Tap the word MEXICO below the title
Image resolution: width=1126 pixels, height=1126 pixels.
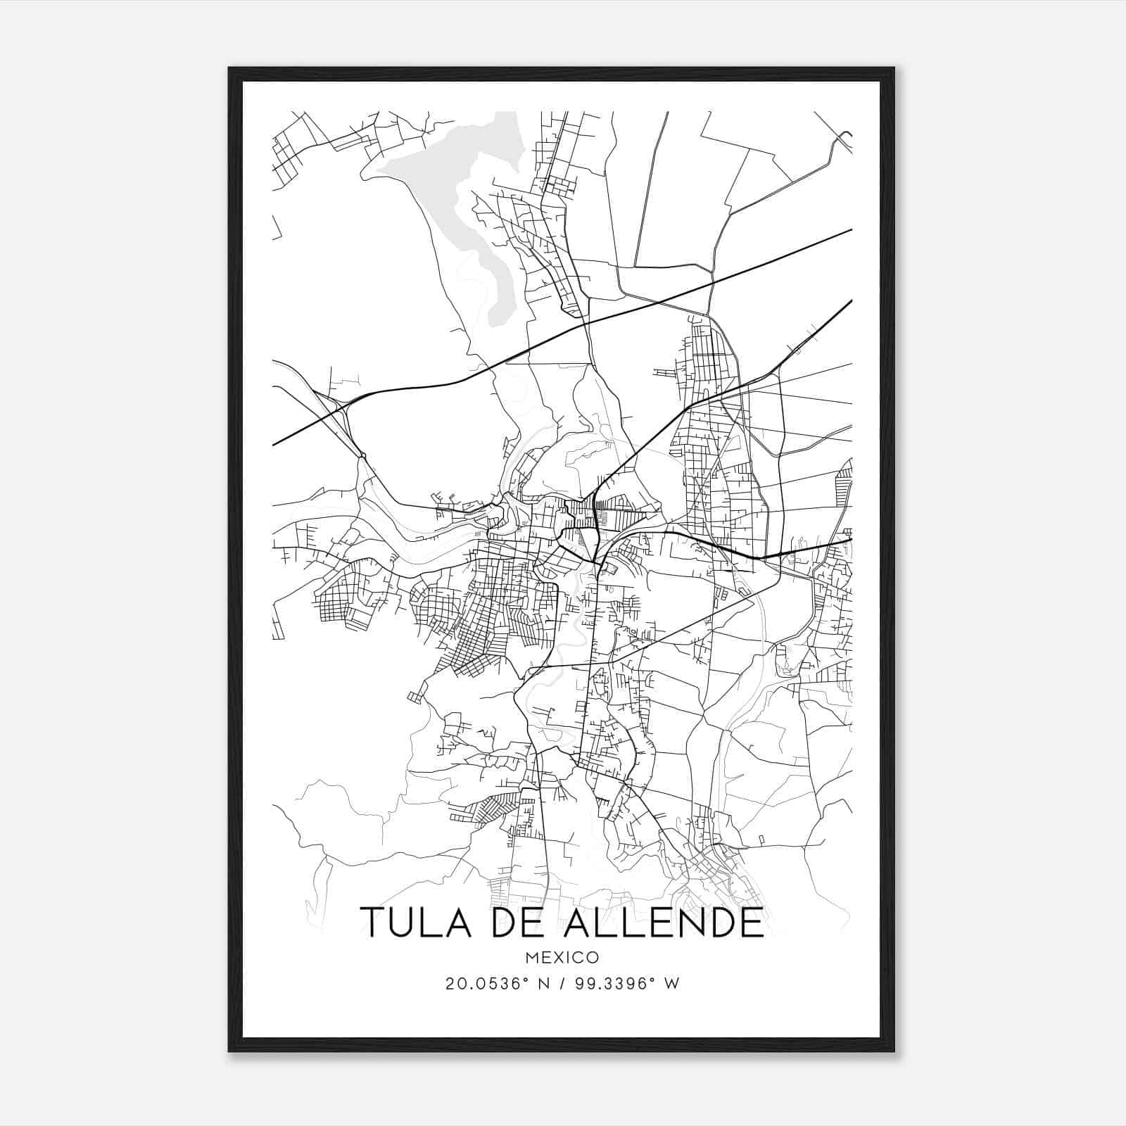click(x=562, y=958)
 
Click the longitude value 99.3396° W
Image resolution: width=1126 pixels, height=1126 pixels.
click(x=628, y=984)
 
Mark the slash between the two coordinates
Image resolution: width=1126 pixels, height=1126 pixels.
click(x=562, y=984)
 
